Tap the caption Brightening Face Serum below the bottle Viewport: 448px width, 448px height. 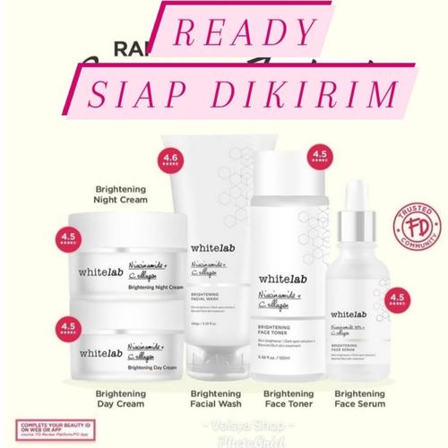click(x=363, y=400)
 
